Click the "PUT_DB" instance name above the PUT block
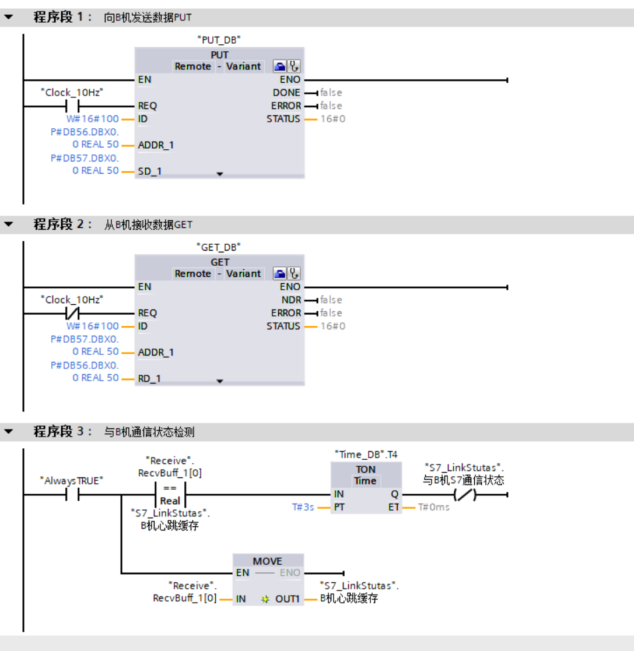[219, 40]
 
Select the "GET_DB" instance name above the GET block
[219, 247]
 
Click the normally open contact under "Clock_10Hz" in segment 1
[73, 106]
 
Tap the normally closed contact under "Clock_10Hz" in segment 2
[73, 313]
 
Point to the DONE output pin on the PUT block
[286, 93]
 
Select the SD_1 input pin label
[150, 171]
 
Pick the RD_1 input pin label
[150, 379]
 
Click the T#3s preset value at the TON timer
[303, 507]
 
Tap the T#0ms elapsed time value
[434, 507]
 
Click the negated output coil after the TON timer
[465, 495]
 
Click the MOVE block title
[268, 561]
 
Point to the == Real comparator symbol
[170, 495]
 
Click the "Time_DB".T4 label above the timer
[366, 454]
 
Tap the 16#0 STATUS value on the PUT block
[332, 119]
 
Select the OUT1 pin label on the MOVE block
[287, 599]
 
